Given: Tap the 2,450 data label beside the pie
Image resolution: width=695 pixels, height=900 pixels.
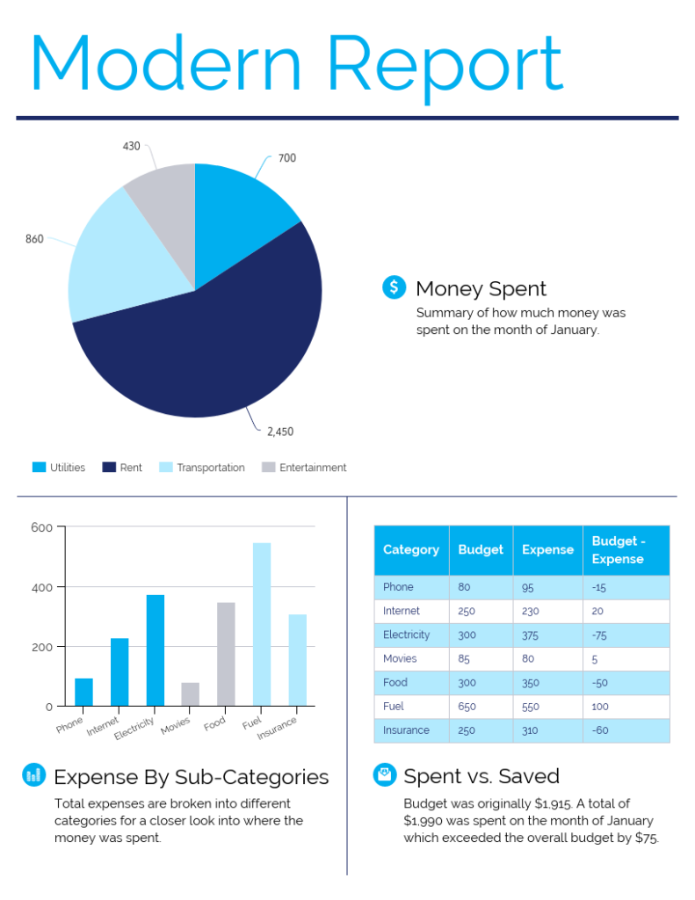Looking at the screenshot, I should point(279,432).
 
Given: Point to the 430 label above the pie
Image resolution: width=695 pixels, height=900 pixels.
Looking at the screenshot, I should point(131,146).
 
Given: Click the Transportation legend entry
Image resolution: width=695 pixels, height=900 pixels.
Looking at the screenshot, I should point(210,468).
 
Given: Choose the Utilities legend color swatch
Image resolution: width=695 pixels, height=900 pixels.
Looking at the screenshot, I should point(39,468).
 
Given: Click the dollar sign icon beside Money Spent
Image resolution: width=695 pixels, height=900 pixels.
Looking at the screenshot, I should point(394,287).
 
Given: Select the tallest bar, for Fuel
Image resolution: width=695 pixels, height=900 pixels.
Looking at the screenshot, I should point(262,624).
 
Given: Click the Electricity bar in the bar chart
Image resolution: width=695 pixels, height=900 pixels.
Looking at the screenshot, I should point(155,650).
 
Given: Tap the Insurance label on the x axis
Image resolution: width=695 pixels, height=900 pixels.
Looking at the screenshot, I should point(278,729).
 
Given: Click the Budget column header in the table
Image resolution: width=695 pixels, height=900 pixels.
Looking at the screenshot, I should point(481,549).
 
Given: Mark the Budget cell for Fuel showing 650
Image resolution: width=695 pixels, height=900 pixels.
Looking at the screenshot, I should point(467,707).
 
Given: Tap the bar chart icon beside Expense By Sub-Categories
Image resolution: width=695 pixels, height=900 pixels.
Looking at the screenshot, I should point(33,774).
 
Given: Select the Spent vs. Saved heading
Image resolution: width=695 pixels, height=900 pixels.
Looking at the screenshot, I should point(481,776).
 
